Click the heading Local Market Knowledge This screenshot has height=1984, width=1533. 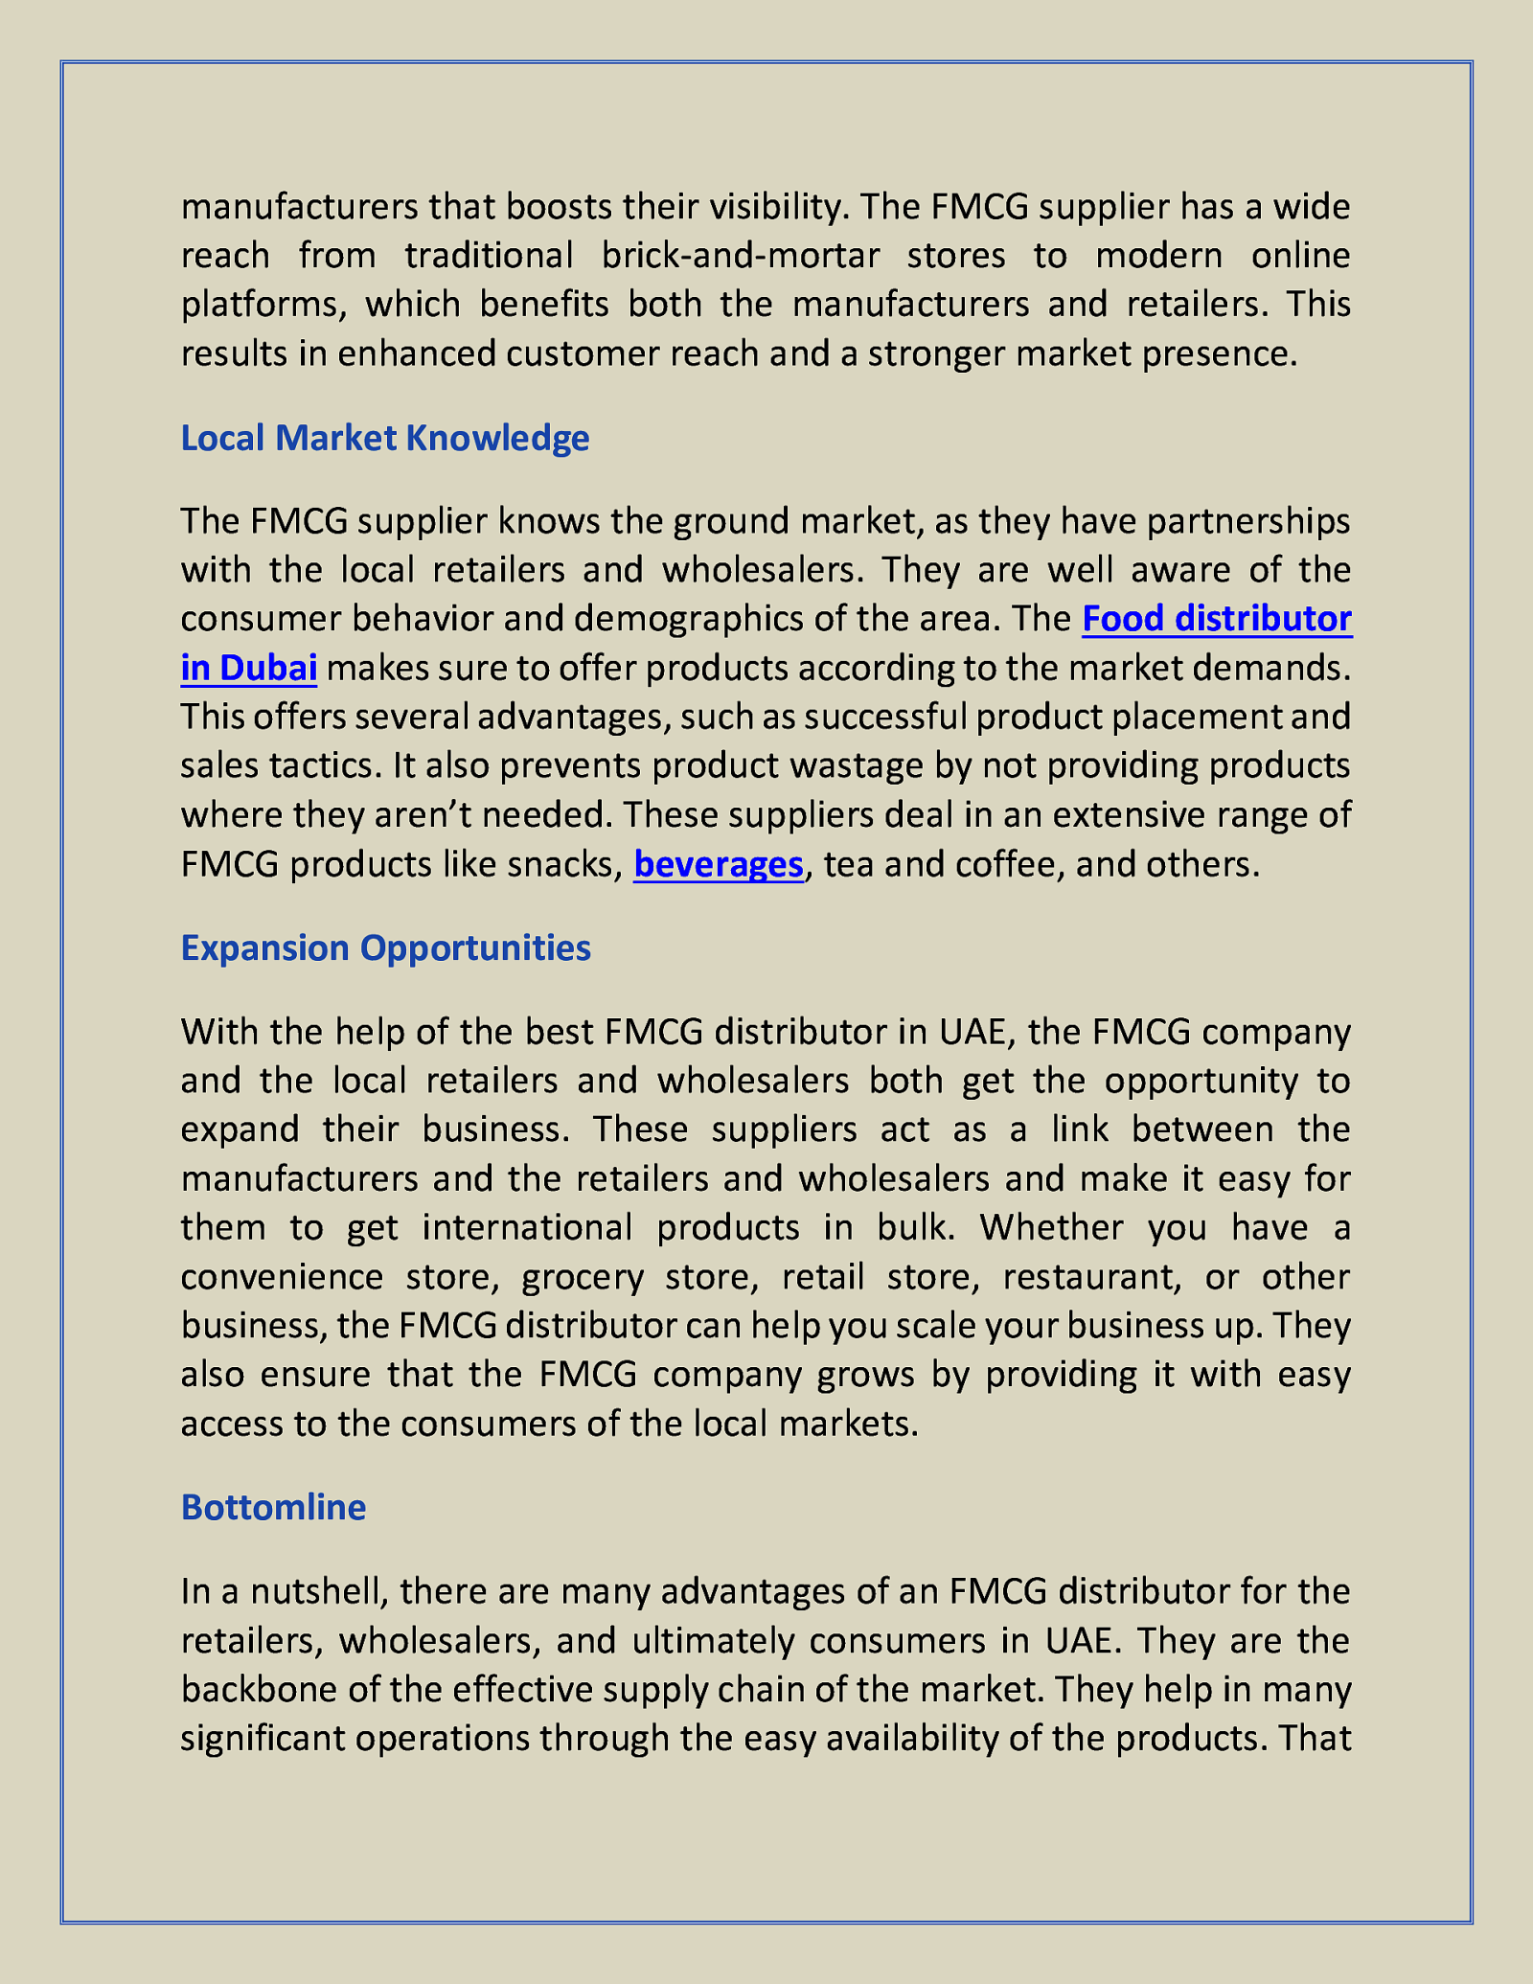384,438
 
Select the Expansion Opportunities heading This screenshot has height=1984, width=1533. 385,947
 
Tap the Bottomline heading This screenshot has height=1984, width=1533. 273,1507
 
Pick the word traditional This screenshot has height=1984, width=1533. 489,255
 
